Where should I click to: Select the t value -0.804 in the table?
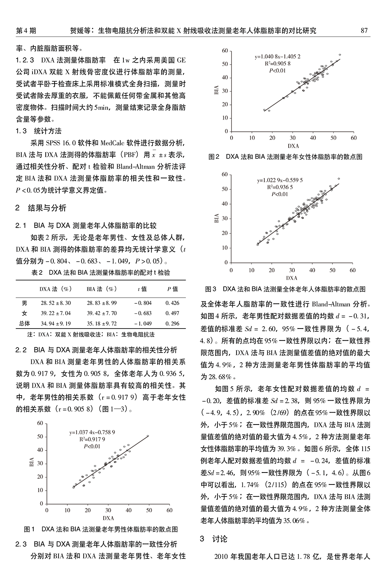coord(142,303)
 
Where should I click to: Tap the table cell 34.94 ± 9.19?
coord(56,323)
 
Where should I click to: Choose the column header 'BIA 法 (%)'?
coord(101,289)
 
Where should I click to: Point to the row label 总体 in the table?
coord(24,323)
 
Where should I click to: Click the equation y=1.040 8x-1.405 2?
coord(277,57)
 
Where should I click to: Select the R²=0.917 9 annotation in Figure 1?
coord(92,439)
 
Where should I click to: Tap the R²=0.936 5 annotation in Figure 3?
coord(280,187)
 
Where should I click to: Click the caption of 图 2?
coord(285,157)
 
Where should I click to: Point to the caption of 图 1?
coord(101,529)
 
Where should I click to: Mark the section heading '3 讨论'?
coord(214,539)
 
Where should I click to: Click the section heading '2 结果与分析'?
coord(41,208)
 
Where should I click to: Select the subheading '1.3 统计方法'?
coord(38,131)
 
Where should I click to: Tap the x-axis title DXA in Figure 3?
coord(291,278)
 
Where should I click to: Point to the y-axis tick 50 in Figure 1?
coord(40,437)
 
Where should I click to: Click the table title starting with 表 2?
coord(101,272)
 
